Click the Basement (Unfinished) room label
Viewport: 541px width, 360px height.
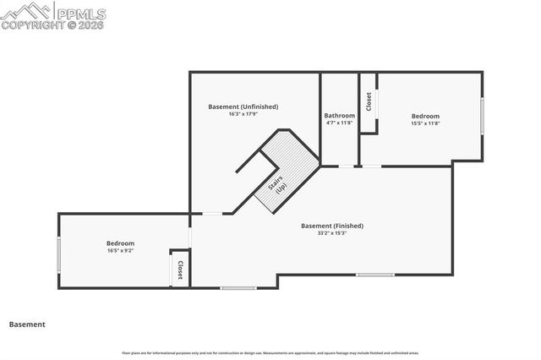243,106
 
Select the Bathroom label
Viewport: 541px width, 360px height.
339,115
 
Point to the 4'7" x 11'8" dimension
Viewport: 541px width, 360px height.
339,123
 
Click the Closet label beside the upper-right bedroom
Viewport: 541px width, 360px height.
369,101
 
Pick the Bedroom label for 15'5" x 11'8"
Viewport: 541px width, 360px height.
425,116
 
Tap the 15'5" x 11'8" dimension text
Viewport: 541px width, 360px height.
425,123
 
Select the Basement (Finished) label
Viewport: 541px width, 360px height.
332,226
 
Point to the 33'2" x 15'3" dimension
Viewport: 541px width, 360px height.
332,233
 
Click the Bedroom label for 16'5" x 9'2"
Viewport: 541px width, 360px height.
121,243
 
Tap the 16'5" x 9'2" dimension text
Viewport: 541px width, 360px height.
121,251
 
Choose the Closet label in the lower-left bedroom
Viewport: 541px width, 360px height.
180,270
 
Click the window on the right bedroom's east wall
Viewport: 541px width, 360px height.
483,116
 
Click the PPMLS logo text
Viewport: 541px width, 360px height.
81,13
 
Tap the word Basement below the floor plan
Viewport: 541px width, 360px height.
27,325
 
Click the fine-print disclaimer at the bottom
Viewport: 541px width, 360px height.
270,352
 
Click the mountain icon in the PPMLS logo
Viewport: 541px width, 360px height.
27,12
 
